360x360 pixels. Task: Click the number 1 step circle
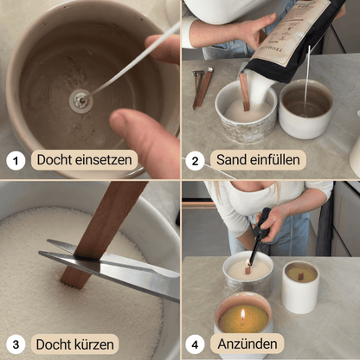(x=16, y=160)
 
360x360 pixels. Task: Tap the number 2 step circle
(x=195, y=160)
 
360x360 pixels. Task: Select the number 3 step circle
(x=16, y=344)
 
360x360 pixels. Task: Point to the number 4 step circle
(x=195, y=344)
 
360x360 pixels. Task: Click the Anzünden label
(x=247, y=344)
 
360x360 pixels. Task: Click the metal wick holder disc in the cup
(x=81, y=101)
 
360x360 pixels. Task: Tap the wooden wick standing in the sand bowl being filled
(x=244, y=92)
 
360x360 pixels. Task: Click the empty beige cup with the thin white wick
(x=306, y=109)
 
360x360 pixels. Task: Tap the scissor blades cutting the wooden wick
(x=110, y=266)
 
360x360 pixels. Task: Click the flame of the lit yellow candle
(x=243, y=315)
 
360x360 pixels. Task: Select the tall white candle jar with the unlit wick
(x=300, y=287)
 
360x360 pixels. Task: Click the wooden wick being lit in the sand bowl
(x=247, y=270)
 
